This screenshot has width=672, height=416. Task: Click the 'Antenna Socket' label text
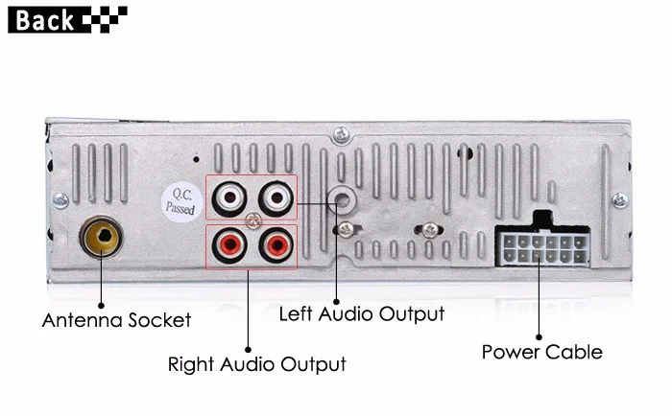point(116,320)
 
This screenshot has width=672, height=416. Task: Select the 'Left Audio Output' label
point(362,313)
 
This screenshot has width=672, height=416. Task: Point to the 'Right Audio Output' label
point(256,364)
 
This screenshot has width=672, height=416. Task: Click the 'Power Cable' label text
point(542,352)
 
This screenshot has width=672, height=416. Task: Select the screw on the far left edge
point(60,200)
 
